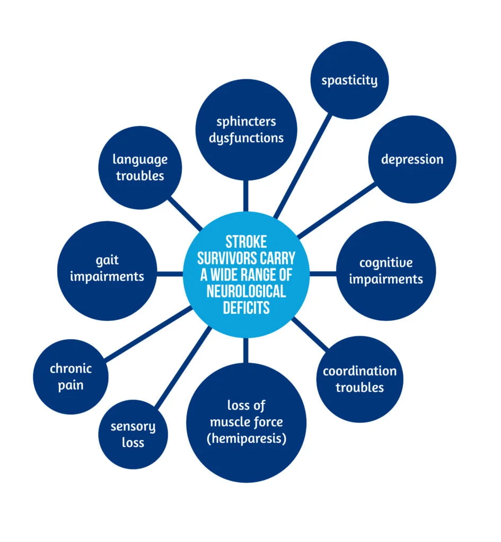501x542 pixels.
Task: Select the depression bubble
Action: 412,159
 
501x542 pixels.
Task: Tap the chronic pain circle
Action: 71,376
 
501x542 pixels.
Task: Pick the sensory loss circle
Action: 133,434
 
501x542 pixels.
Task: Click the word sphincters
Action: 246,121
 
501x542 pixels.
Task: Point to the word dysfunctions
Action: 246,138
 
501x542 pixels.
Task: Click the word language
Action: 140,159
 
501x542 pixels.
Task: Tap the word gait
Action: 107,260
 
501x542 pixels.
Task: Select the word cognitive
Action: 385,263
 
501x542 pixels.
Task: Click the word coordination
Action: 359,371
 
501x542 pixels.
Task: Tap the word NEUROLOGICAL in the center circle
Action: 246,291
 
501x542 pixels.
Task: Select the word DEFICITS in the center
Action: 246,307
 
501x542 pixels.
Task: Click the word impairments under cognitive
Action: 385,279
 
